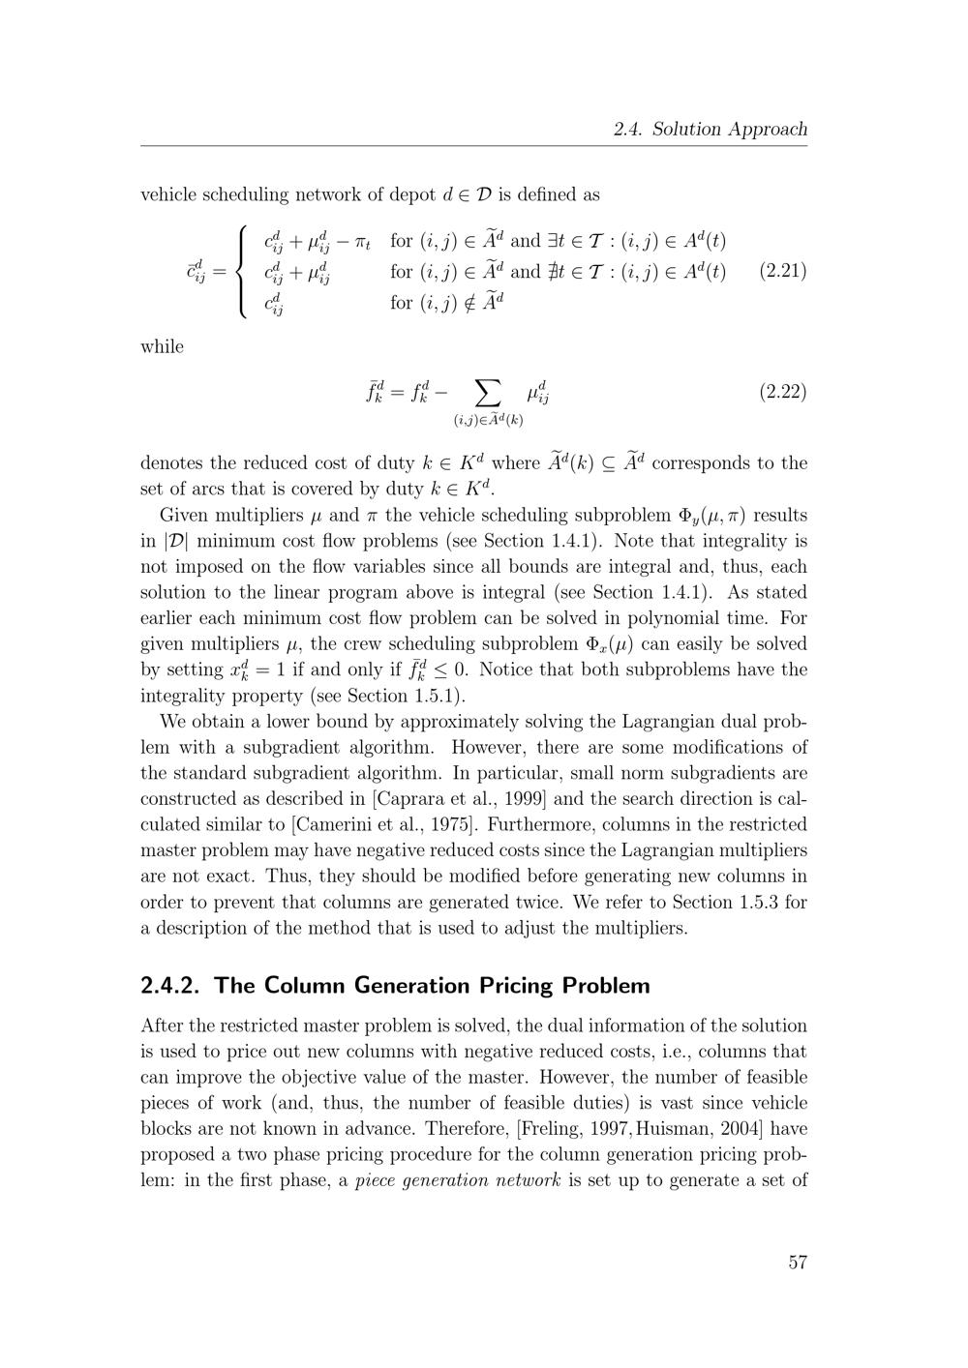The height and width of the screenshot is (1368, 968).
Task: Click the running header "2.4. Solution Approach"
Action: point(710,129)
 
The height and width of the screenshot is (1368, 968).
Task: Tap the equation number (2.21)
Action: point(783,270)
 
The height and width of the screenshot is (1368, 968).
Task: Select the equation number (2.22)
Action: point(783,392)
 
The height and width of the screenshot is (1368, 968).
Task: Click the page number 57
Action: point(797,1262)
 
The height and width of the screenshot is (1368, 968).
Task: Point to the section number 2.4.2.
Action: point(171,986)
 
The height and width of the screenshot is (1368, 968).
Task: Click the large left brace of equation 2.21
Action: point(242,271)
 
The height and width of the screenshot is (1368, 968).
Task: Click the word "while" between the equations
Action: point(162,346)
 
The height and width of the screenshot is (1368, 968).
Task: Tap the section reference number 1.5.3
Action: point(761,902)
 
